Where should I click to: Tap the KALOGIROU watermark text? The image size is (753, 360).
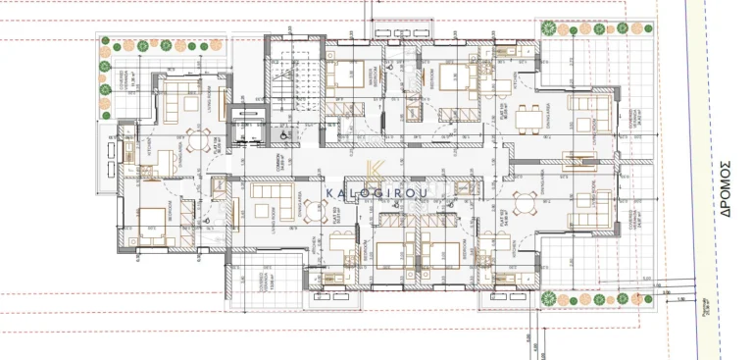click(x=376, y=193)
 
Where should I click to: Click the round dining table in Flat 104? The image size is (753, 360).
click(x=196, y=143)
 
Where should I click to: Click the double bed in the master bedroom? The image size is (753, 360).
click(x=343, y=75)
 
